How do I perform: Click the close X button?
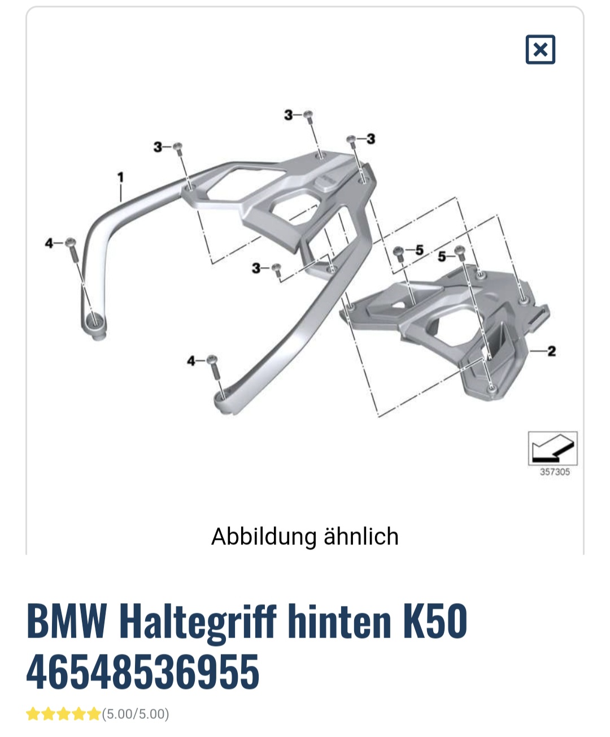coord(540,50)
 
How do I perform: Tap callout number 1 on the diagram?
coord(121,177)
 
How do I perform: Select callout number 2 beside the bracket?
coord(551,351)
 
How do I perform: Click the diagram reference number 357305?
coord(555,472)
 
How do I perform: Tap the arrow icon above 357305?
coord(552,448)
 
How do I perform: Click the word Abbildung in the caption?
coord(264,537)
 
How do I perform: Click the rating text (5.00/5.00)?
coord(136,714)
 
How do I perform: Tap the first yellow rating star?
coord(33,714)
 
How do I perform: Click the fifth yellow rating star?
coord(94,714)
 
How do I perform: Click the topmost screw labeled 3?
coord(308,117)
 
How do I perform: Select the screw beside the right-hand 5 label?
coord(460,254)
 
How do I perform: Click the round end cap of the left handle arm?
coord(95,326)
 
